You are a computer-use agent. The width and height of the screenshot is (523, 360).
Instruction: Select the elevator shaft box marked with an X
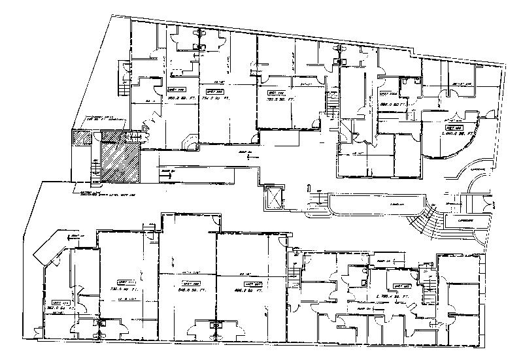pos(272,197)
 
